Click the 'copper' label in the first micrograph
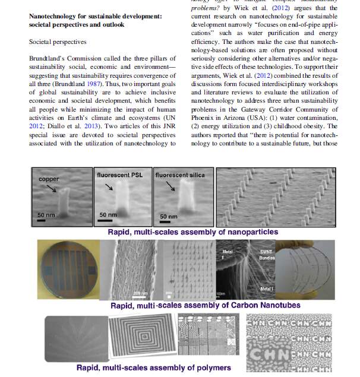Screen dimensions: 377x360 pyautogui.click(x=49, y=179)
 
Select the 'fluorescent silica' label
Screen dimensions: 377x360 pyautogui.click(x=180, y=176)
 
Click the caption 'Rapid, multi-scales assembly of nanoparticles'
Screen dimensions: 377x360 pyautogui.click(x=192, y=232)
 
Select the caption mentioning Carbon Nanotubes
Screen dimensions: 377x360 pyautogui.click(x=205, y=305)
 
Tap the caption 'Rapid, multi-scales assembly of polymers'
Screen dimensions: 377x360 pyautogui.click(x=153, y=368)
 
